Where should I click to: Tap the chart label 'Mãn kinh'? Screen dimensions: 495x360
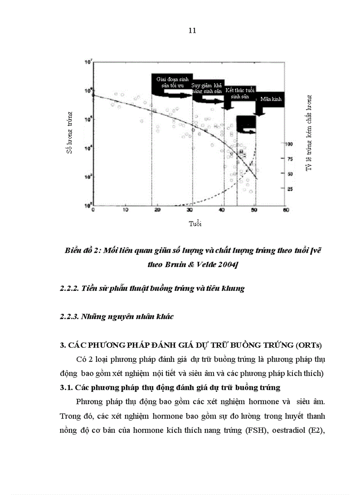(x=270, y=100)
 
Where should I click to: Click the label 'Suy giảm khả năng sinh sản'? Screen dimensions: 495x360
(x=206, y=88)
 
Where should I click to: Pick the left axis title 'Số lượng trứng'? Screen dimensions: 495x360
(x=69, y=133)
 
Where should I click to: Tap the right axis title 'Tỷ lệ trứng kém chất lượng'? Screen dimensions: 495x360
(x=309, y=133)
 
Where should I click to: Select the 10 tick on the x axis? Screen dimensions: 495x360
(x=125, y=210)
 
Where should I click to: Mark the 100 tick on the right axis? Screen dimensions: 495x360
(x=289, y=144)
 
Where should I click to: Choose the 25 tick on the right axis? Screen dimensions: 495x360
(x=290, y=189)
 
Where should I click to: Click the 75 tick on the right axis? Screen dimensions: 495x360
(x=290, y=159)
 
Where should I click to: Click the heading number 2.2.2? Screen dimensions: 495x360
(x=69, y=289)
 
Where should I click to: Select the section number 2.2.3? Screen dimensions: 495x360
(x=69, y=317)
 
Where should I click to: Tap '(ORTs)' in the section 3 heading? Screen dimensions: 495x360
(x=311, y=345)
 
